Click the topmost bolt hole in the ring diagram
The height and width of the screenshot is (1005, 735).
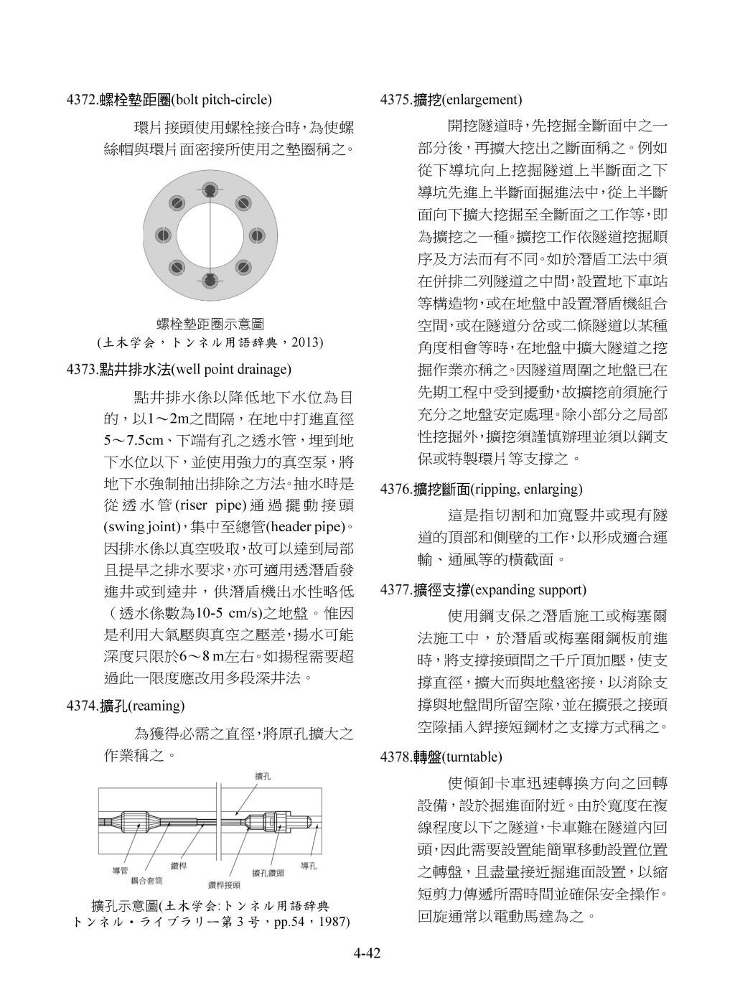(209, 190)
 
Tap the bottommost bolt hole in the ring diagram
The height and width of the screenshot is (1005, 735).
(209, 279)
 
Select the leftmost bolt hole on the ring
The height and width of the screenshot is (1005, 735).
(164, 235)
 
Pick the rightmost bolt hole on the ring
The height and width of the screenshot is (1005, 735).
(255, 235)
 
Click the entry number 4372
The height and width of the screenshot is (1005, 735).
(81, 99)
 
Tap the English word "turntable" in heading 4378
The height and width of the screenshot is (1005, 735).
(473, 757)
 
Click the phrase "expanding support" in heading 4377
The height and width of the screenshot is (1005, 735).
(529, 590)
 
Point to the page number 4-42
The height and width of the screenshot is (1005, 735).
(366, 953)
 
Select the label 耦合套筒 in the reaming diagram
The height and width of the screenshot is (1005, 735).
(146, 880)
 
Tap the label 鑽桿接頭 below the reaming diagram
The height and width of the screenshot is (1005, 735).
(224, 884)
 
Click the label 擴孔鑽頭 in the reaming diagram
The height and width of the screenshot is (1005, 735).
(268, 873)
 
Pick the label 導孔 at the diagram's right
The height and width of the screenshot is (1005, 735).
(309, 866)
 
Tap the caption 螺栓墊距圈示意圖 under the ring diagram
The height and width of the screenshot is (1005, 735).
(209, 324)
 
